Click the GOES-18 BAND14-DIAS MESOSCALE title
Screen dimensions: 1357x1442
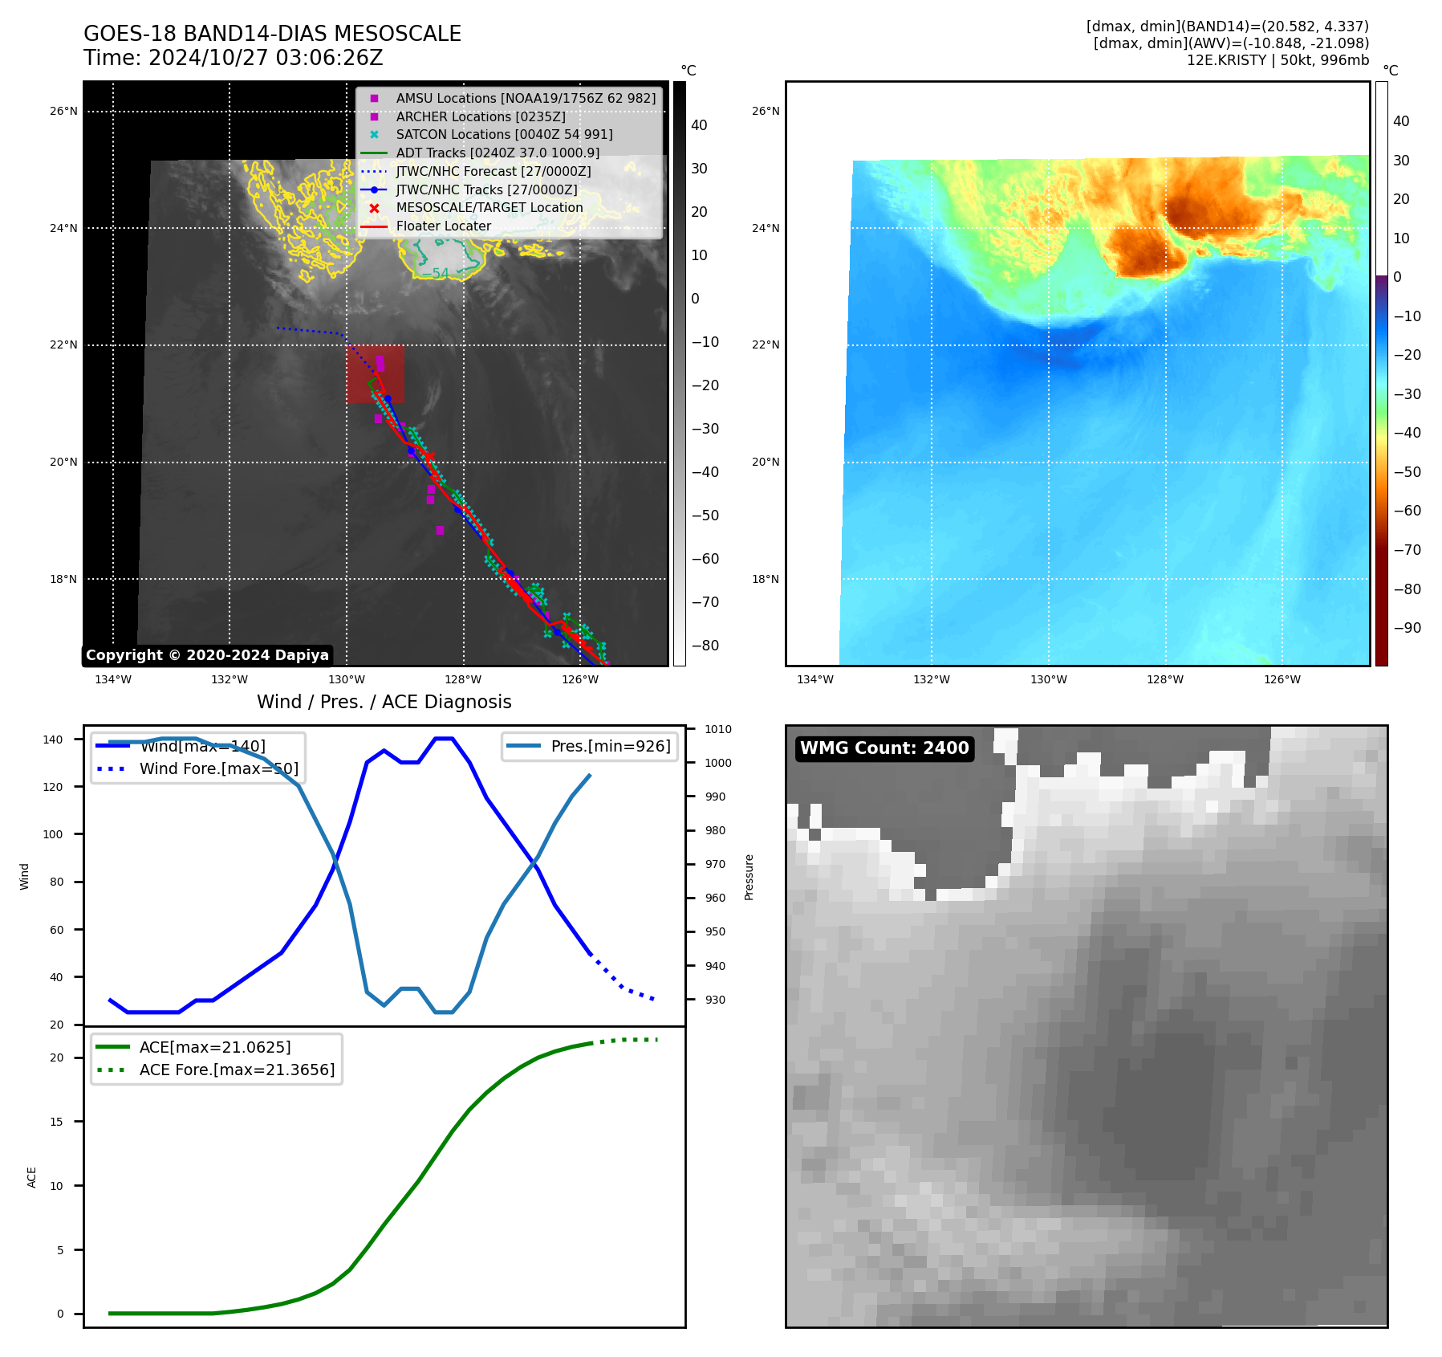click(x=272, y=34)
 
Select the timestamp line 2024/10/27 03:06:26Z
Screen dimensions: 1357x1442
click(x=234, y=59)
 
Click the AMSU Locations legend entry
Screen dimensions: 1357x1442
click(x=526, y=98)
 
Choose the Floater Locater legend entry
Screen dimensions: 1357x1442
click(x=443, y=226)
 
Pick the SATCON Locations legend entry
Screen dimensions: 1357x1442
click(x=504, y=135)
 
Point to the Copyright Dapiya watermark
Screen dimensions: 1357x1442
click(x=207, y=655)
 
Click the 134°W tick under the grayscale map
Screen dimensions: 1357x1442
click(x=113, y=680)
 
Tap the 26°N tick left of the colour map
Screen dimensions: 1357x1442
click(x=766, y=111)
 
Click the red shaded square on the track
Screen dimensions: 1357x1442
click(x=376, y=374)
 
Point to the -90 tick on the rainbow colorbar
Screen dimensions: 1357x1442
click(x=1407, y=628)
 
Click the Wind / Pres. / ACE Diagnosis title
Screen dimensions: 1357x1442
click(x=384, y=702)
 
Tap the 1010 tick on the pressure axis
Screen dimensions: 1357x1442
click(x=718, y=729)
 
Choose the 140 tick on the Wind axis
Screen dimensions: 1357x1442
click(x=53, y=740)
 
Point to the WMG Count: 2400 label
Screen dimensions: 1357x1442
click(x=884, y=748)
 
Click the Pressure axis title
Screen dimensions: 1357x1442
click(x=749, y=877)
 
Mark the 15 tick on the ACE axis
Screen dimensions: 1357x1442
click(x=56, y=1122)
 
